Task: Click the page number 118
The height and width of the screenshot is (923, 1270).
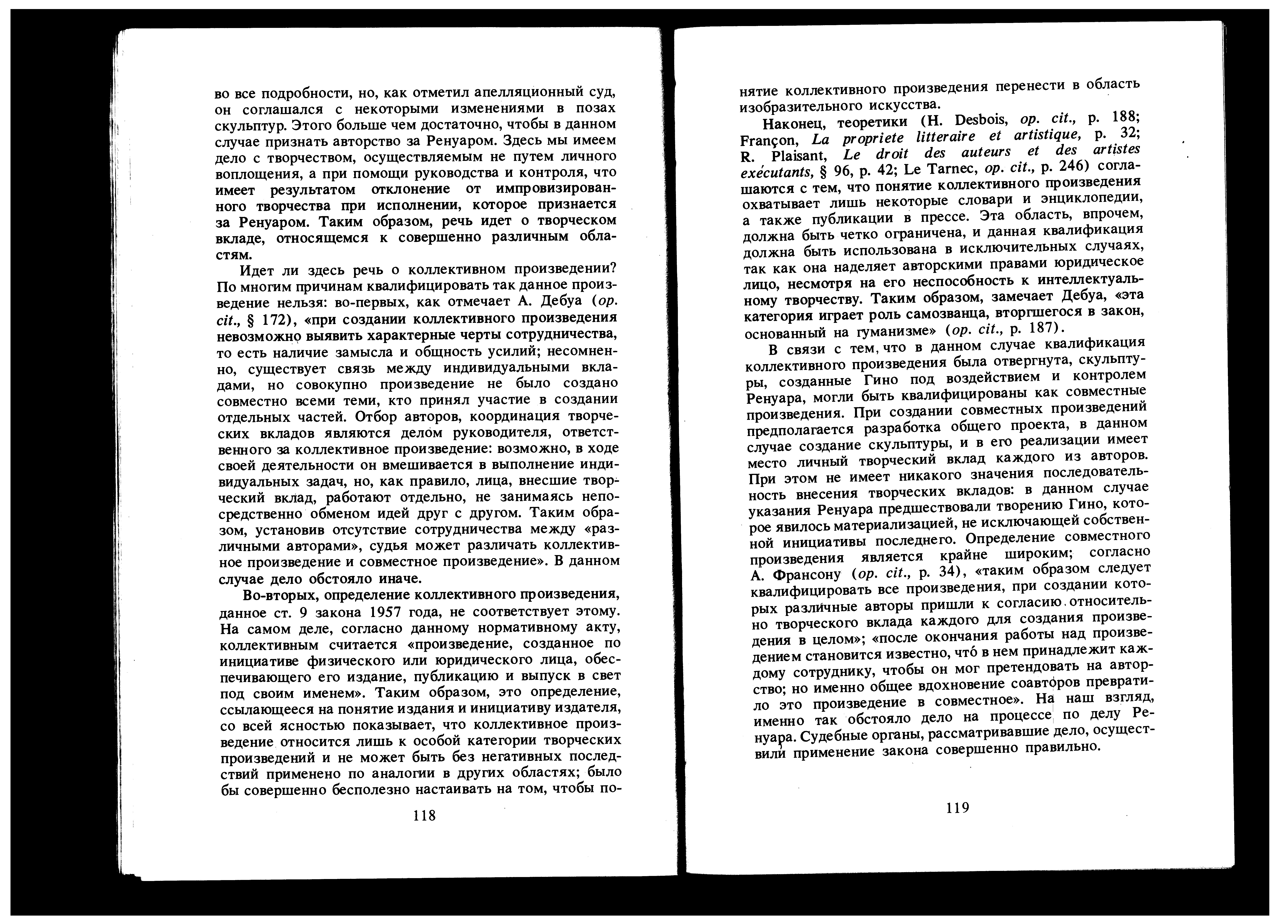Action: [424, 815]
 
